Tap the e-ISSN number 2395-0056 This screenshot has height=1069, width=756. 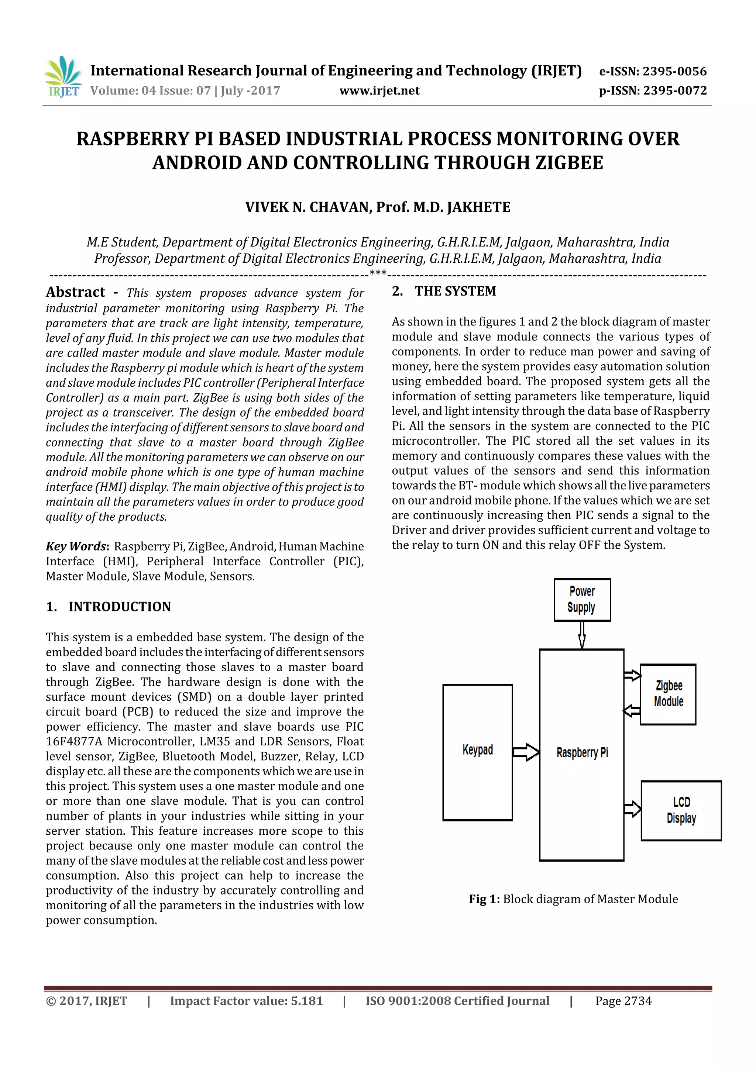tap(674, 71)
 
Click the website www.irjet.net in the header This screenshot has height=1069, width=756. tap(379, 90)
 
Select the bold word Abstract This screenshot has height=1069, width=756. tap(75, 292)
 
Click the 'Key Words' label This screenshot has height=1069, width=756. tap(76, 546)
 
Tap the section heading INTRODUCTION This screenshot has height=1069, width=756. tap(119, 607)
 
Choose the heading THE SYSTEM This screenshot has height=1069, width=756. tap(455, 292)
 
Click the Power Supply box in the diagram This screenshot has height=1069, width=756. tap(582, 600)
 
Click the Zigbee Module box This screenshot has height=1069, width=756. tap(668, 694)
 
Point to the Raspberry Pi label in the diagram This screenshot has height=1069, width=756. tap(582, 752)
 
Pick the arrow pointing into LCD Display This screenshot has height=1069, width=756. tap(632, 809)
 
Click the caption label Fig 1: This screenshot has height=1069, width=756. tap(484, 899)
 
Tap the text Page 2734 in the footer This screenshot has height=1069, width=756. tap(623, 1001)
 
